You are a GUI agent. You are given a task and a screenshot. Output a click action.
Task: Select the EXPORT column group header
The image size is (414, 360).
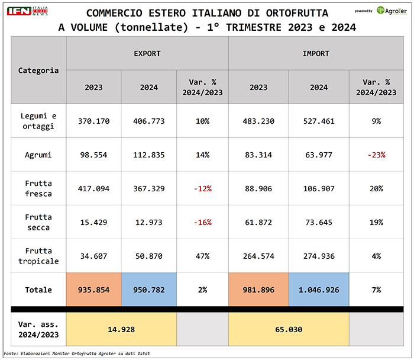[x=147, y=53]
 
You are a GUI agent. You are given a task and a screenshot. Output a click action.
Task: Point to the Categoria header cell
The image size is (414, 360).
[x=38, y=70]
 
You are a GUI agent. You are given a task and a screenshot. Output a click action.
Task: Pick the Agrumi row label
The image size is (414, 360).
[x=38, y=155]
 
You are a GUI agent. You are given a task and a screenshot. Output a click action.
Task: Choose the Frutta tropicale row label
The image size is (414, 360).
[x=38, y=256]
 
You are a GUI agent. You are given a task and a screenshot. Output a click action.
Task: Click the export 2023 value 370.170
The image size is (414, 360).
[x=93, y=121]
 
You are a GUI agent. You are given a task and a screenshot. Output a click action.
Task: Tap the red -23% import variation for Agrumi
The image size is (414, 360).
[x=376, y=155]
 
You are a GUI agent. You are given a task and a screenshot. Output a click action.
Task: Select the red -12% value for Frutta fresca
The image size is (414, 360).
[x=202, y=189]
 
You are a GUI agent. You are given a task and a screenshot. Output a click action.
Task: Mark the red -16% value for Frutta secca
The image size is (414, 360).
[x=202, y=223]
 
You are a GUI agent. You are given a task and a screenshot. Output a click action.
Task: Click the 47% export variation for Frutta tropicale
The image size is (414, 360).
[x=202, y=256]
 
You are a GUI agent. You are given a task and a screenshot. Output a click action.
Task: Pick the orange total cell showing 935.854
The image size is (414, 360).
[x=93, y=290]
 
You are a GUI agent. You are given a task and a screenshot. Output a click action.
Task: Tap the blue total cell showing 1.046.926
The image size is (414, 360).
[x=318, y=290]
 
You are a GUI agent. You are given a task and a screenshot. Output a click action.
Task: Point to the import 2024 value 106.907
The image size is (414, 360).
[x=318, y=189]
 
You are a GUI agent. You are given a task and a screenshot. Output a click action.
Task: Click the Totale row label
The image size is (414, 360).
[x=38, y=290]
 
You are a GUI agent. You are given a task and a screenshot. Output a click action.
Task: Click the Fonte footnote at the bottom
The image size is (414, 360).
[x=77, y=353]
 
